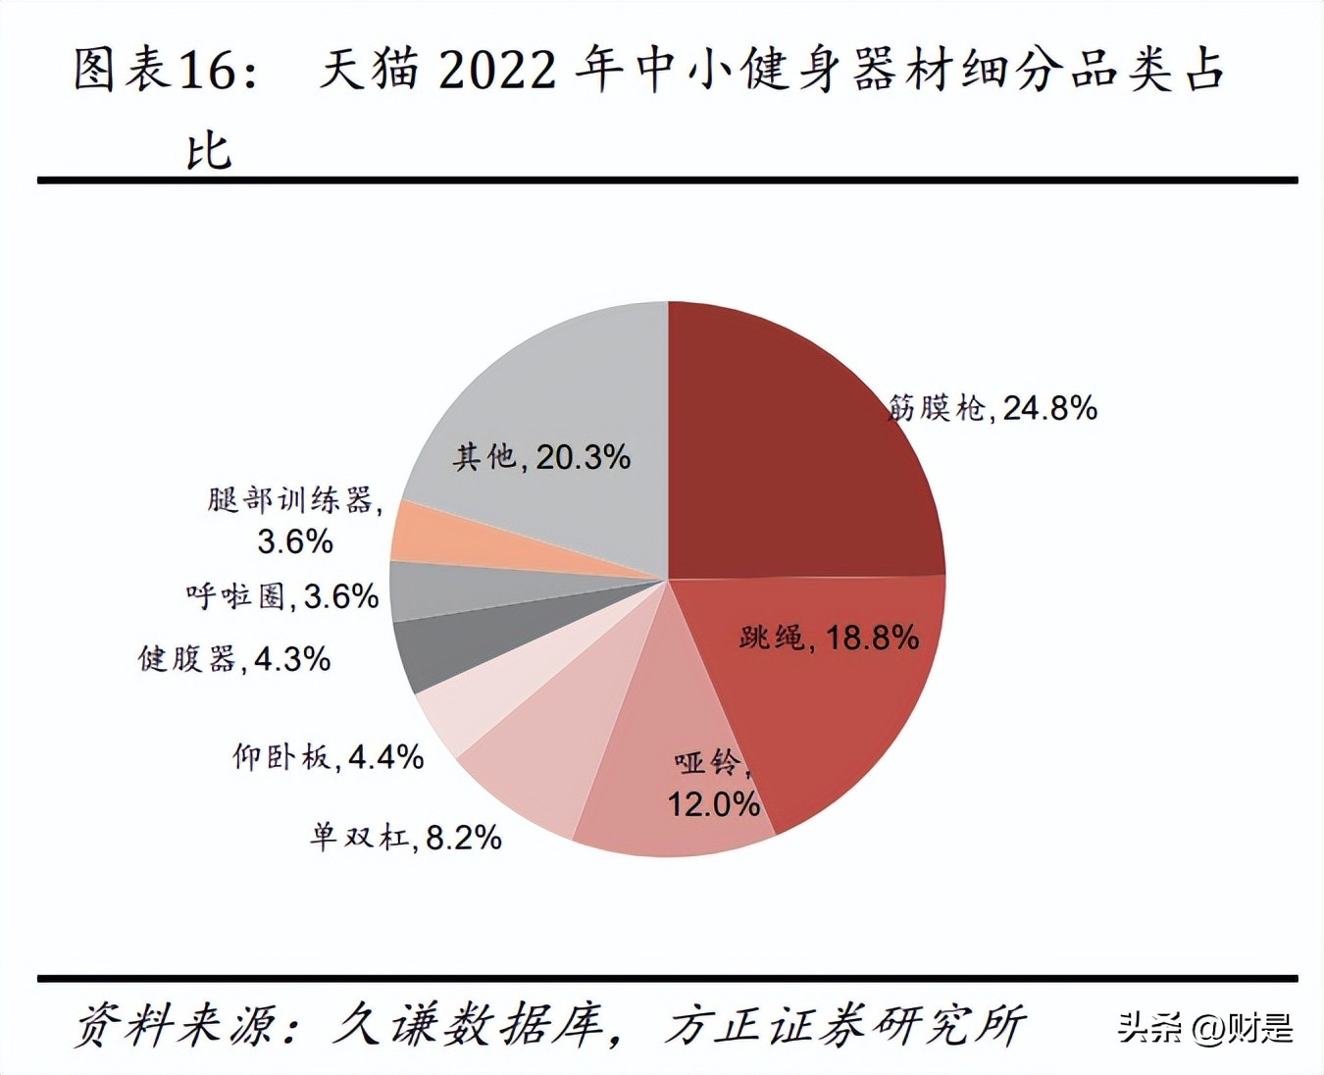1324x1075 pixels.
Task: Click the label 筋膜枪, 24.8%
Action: pyautogui.click(x=993, y=407)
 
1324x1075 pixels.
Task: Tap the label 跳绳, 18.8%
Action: pyautogui.click(x=829, y=638)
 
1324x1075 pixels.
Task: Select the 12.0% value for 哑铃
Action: pyautogui.click(x=714, y=804)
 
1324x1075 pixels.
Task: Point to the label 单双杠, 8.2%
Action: pyautogui.click(x=406, y=837)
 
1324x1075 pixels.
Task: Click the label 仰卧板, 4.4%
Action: pyautogui.click(x=328, y=756)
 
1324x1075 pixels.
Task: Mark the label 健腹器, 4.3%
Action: pyautogui.click(x=234, y=658)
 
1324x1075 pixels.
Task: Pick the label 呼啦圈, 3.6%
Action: pyautogui.click(x=282, y=595)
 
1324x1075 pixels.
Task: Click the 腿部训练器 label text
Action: pyautogui.click(x=294, y=500)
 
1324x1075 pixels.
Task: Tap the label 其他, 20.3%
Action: pyautogui.click(x=541, y=456)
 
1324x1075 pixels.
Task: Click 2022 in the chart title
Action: pyautogui.click(x=497, y=71)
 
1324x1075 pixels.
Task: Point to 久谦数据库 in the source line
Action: pyautogui.click(x=466, y=1025)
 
